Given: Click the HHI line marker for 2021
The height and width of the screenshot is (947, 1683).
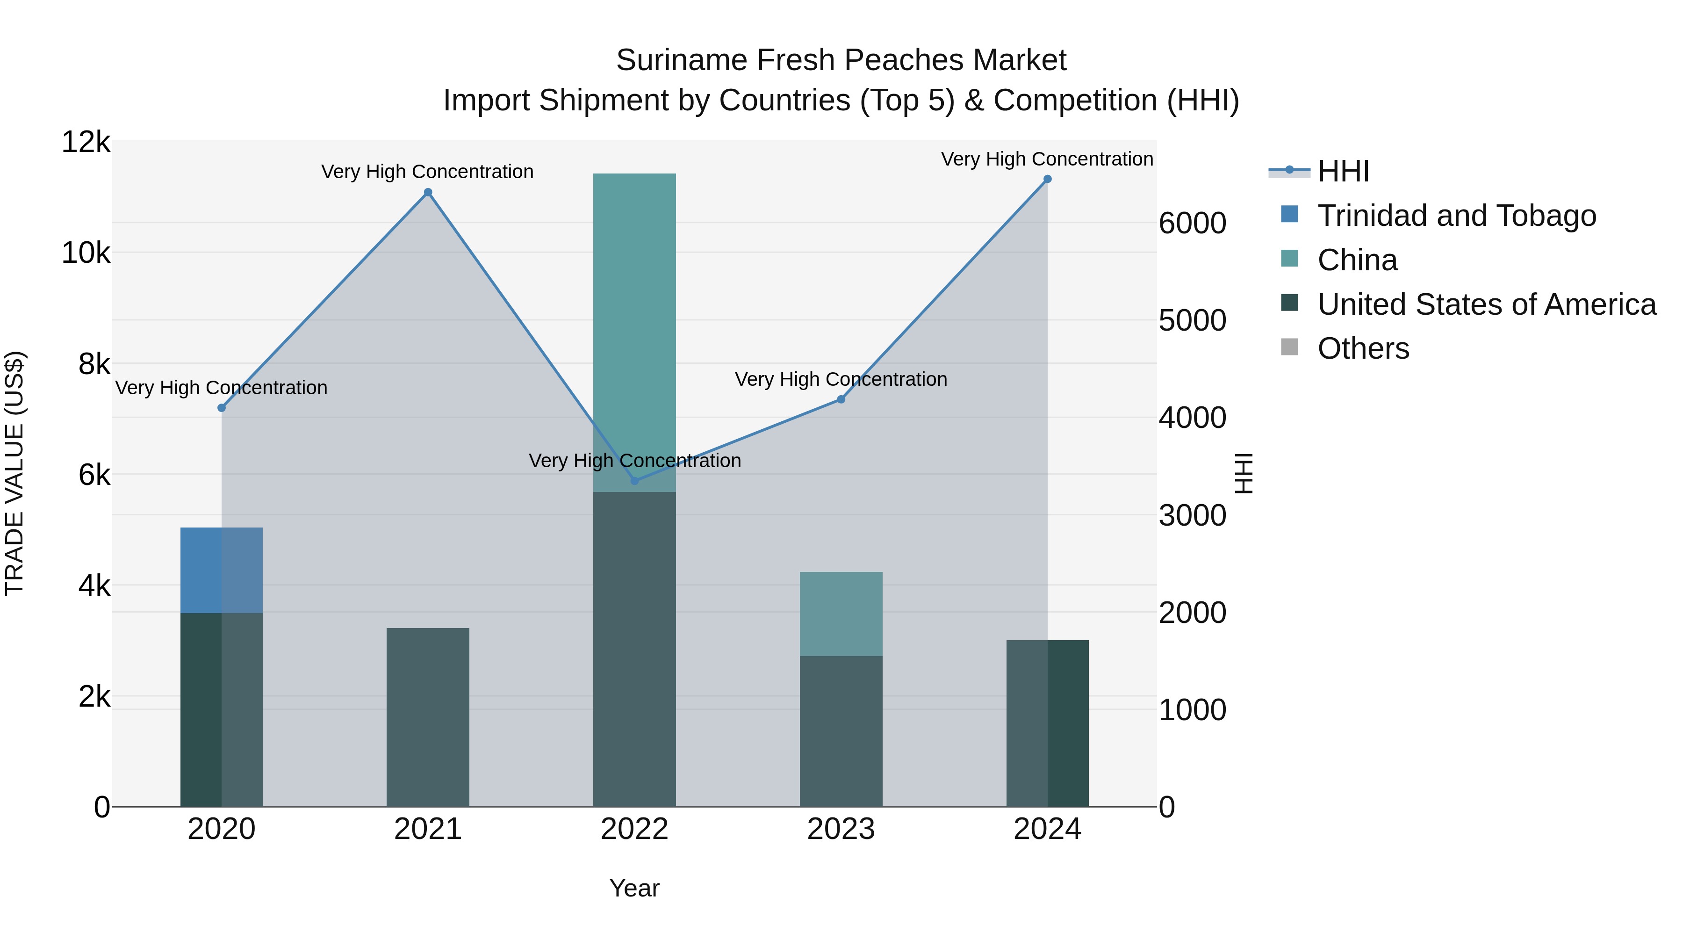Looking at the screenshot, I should point(428,192).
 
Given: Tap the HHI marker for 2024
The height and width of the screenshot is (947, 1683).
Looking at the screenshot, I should point(1047,179).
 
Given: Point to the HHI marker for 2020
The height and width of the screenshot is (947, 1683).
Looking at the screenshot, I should point(222,408).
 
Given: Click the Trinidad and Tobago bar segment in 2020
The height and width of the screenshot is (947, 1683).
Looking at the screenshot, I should point(222,570).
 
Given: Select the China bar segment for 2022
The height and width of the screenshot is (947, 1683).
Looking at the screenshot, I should point(634,327).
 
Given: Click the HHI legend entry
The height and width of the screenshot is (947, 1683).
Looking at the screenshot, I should point(1343,171).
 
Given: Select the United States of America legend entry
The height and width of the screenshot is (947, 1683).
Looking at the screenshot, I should point(1486,304).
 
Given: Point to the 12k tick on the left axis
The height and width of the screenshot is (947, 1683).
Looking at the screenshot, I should point(86,143).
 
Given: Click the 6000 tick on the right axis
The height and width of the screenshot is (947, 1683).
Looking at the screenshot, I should point(1192,224).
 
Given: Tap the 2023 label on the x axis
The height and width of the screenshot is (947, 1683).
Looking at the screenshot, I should point(841,829).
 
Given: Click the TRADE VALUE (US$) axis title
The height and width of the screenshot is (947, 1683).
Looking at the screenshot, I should point(14,473).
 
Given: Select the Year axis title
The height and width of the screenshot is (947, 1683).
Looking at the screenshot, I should point(634,888).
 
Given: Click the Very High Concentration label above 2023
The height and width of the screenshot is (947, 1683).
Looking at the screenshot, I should point(841,379).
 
